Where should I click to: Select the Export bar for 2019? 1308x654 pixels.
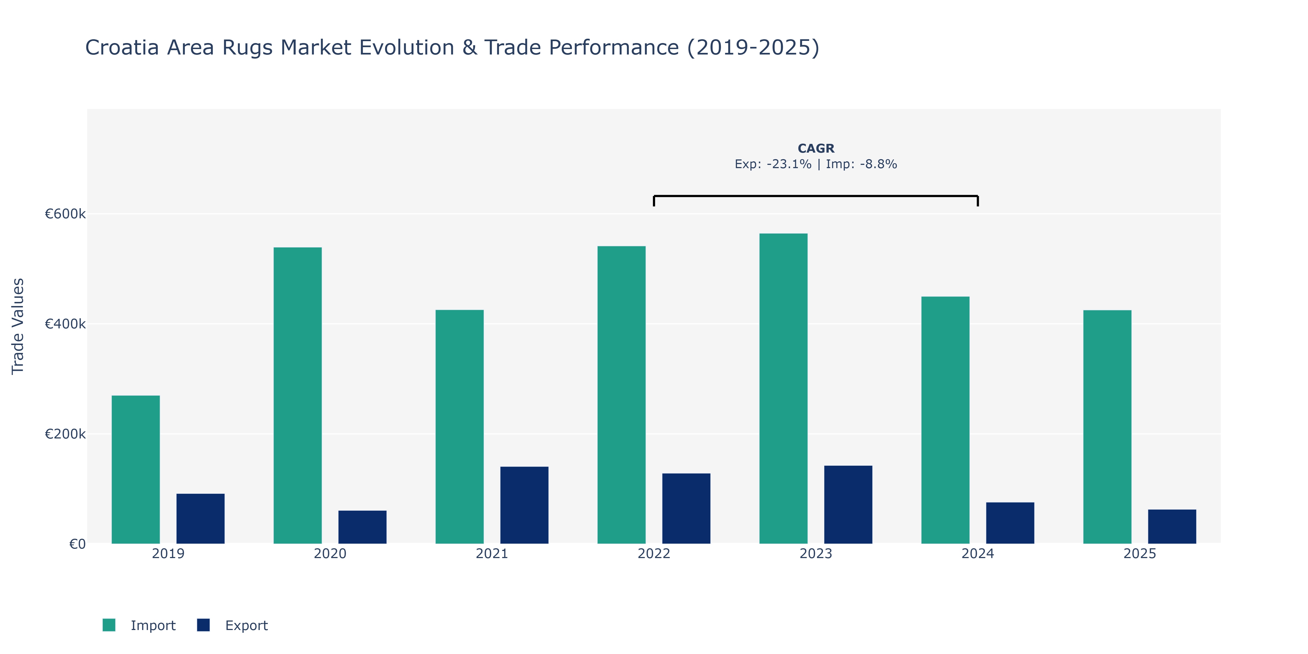[x=201, y=518]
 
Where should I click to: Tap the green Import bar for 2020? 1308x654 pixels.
[x=298, y=396]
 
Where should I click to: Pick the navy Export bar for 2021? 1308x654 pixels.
[x=525, y=505]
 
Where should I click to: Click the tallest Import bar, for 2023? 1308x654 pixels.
[x=783, y=388]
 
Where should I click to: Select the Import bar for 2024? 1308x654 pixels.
[x=946, y=420]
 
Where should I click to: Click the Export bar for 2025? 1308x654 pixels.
[x=1172, y=526]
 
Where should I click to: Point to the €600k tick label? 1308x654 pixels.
[x=65, y=214]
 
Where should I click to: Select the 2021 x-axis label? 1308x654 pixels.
[x=492, y=553]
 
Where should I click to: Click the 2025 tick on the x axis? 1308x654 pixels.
[x=1140, y=553]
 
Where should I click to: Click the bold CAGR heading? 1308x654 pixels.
[x=816, y=148]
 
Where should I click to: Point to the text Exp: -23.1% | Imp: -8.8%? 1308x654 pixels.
[x=816, y=164]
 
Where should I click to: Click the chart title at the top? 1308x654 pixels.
[x=452, y=48]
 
